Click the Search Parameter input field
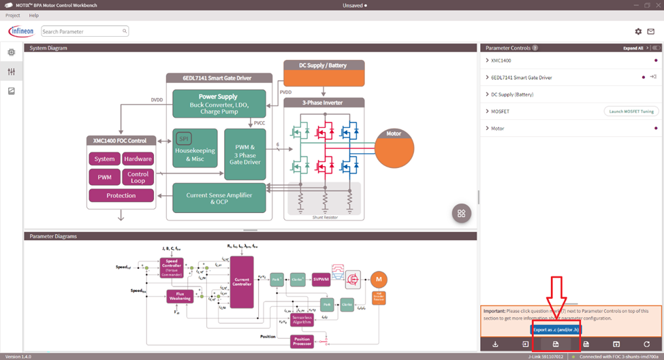pyautogui.click(x=82, y=31)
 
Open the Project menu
pyautogui.click(x=12, y=15)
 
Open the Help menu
pyautogui.click(x=34, y=15)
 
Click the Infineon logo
pyautogui.click(x=20, y=31)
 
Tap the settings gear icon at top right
pyautogui.click(x=638, y=31)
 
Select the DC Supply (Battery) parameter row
pyautogui.click(x=511, y=94)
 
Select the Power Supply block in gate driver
pyautogui.click(x=219, y=103)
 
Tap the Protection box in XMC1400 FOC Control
pyautogui.click(x=121, y=195)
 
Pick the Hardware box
pyautogui.click(x=138, y=159)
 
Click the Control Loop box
pyautogui.click(x=138, y=178)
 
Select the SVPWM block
pyautogui.click(x=321, y=278)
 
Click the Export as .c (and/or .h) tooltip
pyautogui.click(x=556, y=330)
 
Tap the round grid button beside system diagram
pyautogui.click(x=461, y=213)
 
